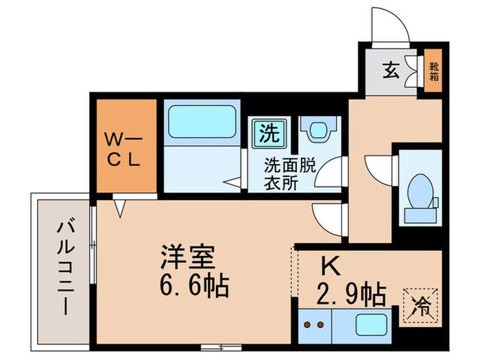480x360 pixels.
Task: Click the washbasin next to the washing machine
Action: tap(319, 130)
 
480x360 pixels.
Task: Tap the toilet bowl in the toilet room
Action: tap(420, 189)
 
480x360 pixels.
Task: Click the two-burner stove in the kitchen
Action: tap(313, 324)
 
